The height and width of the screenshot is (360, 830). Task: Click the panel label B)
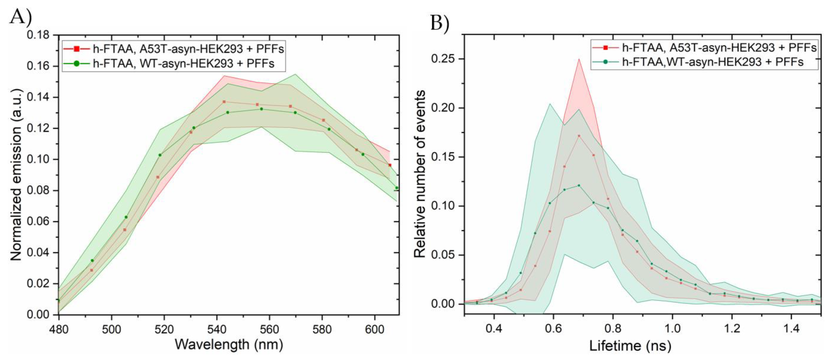pos(440,23)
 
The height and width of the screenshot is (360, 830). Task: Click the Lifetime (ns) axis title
pos(630,346)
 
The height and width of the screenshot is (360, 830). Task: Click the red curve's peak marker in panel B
pos(579,136)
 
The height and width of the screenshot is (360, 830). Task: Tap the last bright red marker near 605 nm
pos(390,165)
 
